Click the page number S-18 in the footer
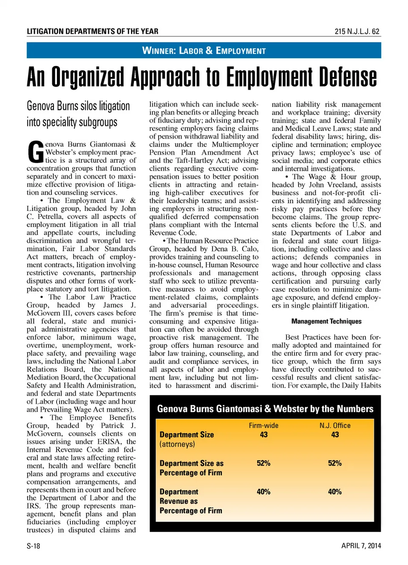coord(33,546)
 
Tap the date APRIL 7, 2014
coord(361,546)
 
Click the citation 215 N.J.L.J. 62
coord(357,31)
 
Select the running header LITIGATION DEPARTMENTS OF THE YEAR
coord(92,31)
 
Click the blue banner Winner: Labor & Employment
coord(204,51)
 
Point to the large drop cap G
coord(35,152)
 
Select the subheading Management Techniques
coord(326,321)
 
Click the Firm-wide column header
coord(263,426)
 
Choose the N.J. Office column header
coord(335,426)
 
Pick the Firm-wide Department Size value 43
coord(263,434)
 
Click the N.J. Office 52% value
coord(335,463)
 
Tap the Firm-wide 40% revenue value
coord(263,491)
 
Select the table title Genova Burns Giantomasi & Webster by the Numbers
coord(265,409)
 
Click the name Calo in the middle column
coord(250,249)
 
